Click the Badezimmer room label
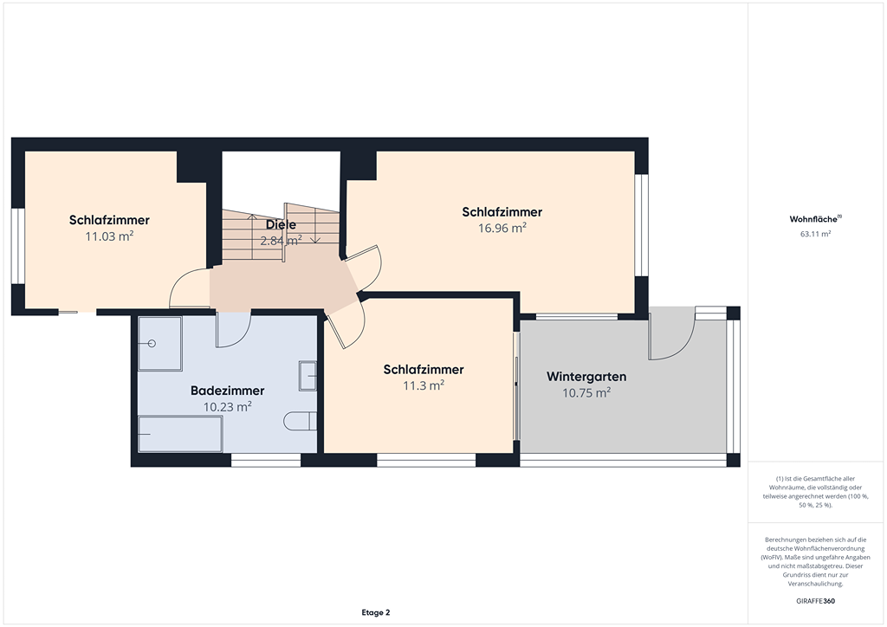click(228, 391)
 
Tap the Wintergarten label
click(586, 377)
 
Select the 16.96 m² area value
click(502, 228)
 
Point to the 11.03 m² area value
click(109, 236)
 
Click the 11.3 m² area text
click(424, 385)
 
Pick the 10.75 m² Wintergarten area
click(586, 392)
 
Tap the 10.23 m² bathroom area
click(228, 406)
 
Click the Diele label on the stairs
click(282, 224)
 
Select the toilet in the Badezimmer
click(301, 421)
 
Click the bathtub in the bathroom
click(180, 434)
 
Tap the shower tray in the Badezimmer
click(160, 344)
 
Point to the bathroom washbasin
click(308, 375)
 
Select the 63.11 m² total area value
click(816, 234)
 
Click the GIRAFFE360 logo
click(816, 601)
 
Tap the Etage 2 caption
click(376, 612)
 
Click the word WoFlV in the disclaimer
click(772, 558)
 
